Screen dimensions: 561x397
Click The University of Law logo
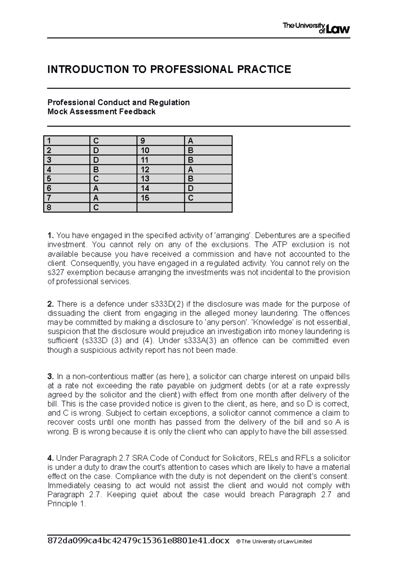click(x=316, y=28)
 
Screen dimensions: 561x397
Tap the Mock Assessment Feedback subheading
click(x=101, y=112)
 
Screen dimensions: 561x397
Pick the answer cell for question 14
click(x=208, y=188)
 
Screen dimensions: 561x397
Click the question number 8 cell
click(x=66, y=207)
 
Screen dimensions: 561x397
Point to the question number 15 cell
click(x=160, y=198)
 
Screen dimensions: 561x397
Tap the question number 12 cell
click(x=160, y=169)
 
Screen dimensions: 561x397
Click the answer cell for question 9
click(x=208, y=141)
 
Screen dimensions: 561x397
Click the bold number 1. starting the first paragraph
click(x=50, y=236)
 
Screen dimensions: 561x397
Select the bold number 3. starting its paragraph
click(x=50, y=377)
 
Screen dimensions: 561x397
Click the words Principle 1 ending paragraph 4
click(x=66, y=504)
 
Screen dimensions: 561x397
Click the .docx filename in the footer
click(x=138, y=541)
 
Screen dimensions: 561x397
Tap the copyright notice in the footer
click(x=274, y=542)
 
